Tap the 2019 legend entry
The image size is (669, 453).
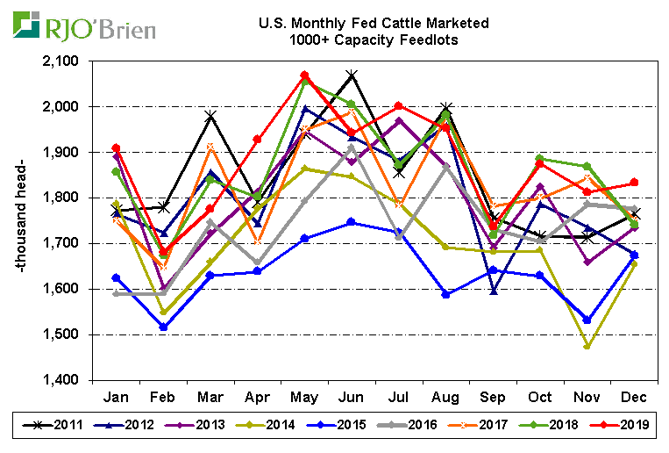(x=623, y=426)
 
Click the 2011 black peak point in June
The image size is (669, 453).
(x=352, y=75)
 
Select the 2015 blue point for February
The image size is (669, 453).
(x=163, y=327)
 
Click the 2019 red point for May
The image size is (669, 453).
(x=304, y=75)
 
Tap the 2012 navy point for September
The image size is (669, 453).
(x=493, y=291)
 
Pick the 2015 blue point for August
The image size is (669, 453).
(x=445, y=294)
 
